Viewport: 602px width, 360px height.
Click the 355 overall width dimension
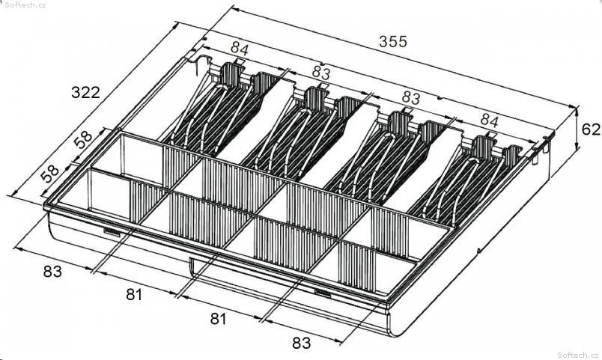click(392, 41)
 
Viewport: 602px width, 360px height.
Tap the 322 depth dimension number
click(85, 93)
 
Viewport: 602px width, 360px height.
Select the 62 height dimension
click(591, 129)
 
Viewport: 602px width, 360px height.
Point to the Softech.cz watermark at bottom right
click(579, 355)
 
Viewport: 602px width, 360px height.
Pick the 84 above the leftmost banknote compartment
click(240, 49)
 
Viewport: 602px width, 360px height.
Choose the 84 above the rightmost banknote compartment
click(489, 121)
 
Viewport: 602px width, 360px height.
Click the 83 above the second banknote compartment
click(321, 72)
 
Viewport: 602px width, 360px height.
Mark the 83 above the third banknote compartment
click(411, 98)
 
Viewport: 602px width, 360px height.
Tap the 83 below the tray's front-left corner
click(52, 272)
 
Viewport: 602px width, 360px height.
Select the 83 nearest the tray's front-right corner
click(302, 343)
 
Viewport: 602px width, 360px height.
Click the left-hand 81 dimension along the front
click(134, 294)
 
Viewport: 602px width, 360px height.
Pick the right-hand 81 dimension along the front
click(218, 319)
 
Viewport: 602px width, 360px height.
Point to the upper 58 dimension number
click(83, 139)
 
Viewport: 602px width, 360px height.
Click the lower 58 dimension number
click(50, 174)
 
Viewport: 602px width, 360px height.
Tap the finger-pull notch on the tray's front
click(192, 266)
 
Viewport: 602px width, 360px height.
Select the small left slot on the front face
click(112, 232)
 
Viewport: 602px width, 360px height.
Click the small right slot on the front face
click(323, 293)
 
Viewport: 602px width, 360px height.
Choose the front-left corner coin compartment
click(109, 196)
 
